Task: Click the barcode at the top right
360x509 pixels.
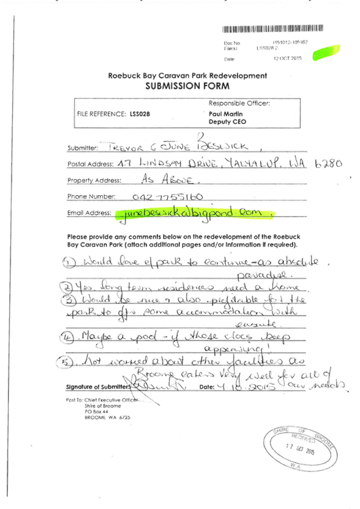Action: [x=264, y=29]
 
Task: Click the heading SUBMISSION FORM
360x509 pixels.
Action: [x=187, y=86]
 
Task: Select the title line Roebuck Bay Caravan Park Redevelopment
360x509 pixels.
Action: [x=187, y=76]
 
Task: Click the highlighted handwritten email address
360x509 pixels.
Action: [x=194, y=213]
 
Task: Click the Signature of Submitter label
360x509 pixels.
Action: [x=98, y=386]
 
